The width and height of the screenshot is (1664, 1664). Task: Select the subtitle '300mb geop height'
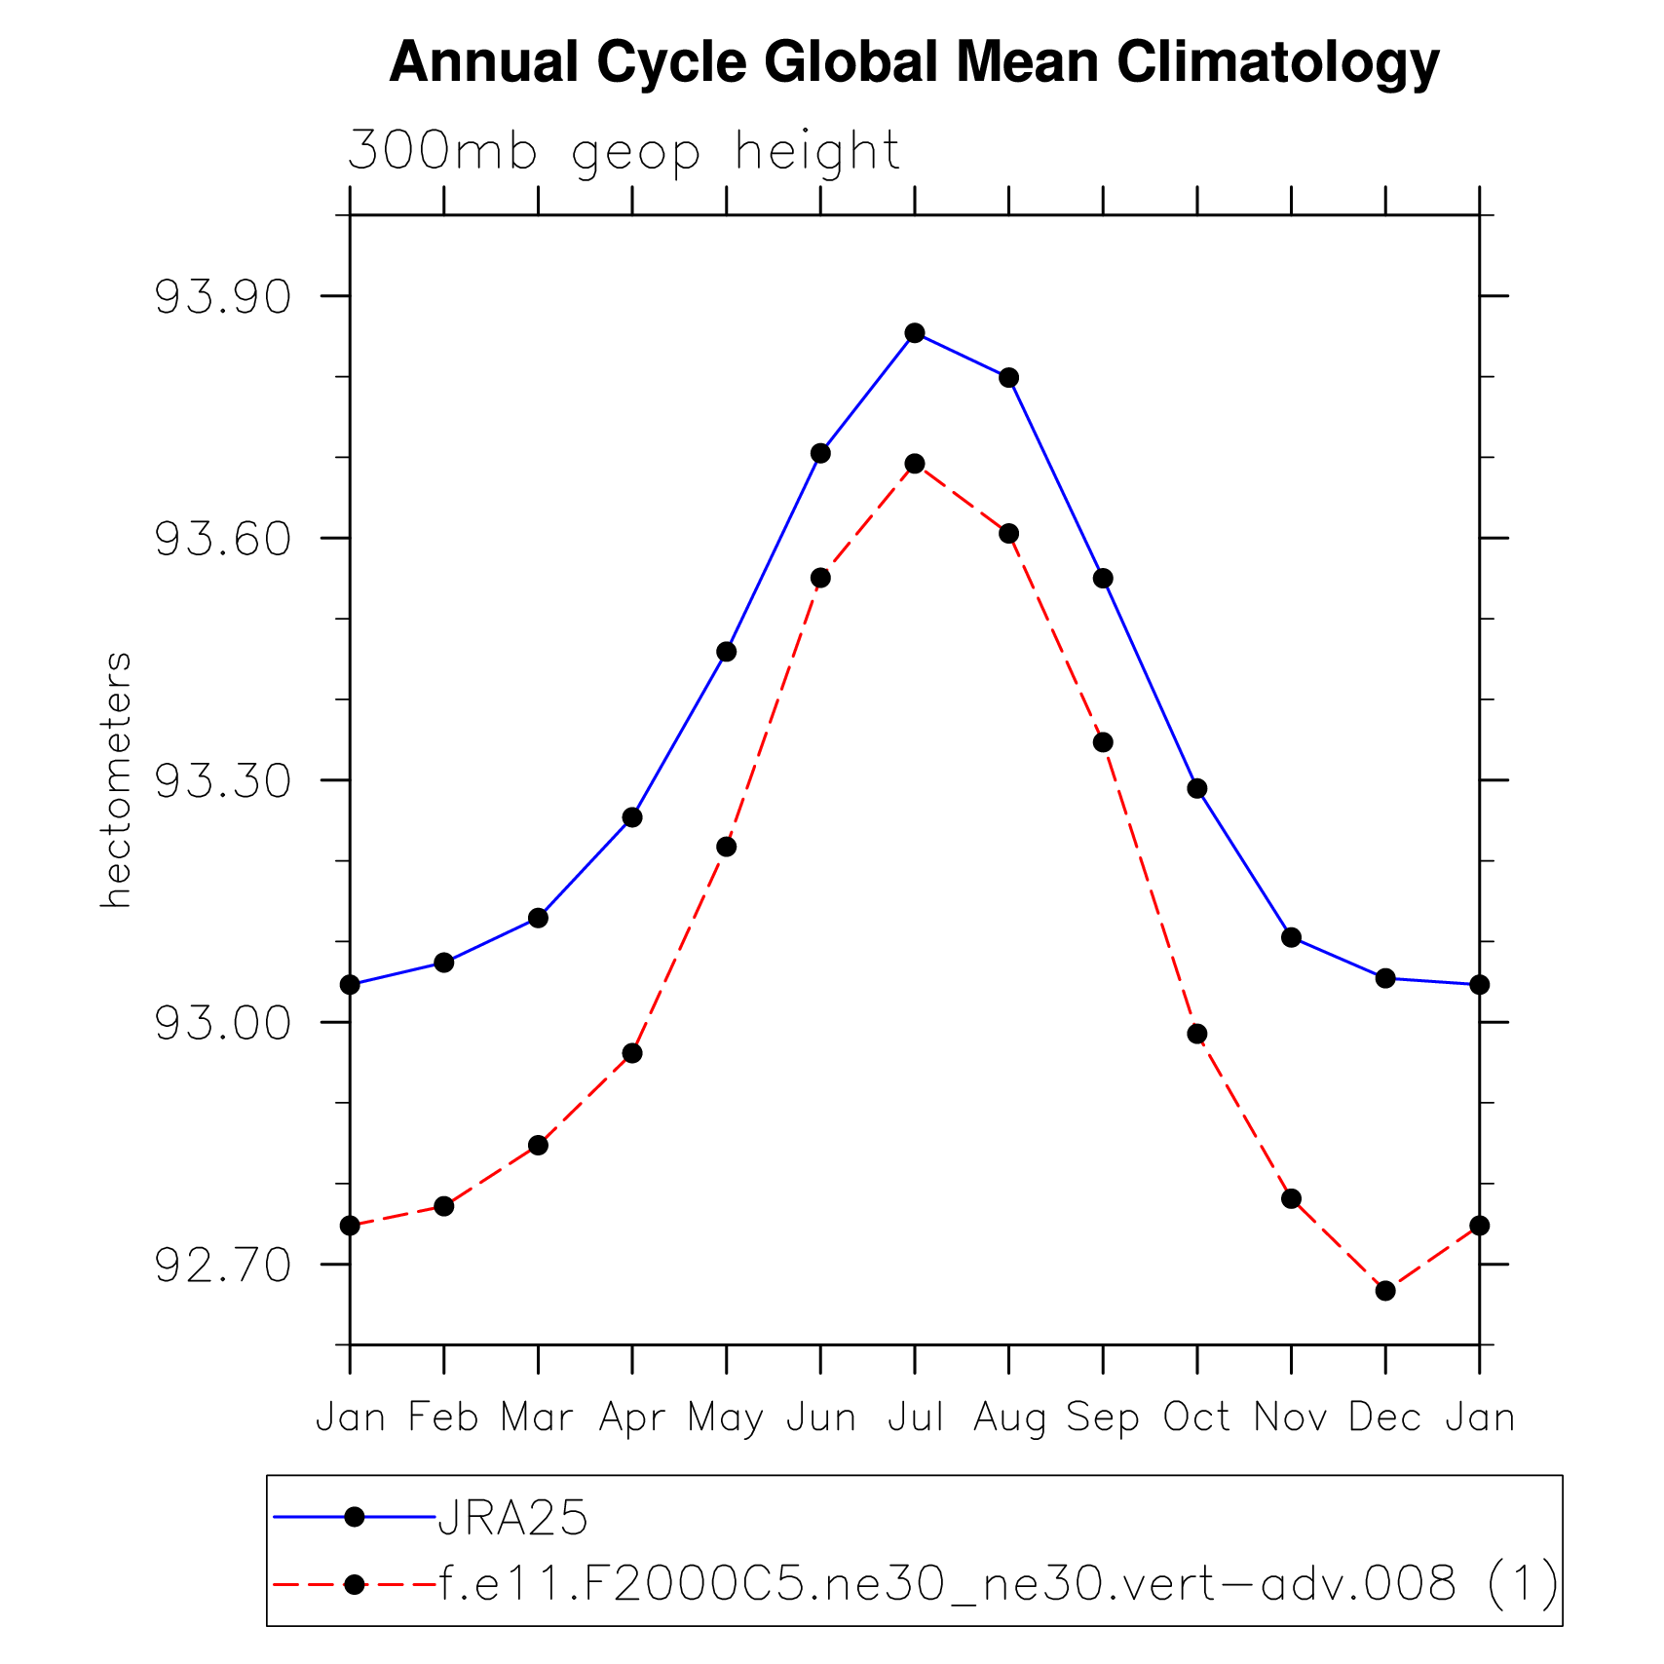click(624, 152)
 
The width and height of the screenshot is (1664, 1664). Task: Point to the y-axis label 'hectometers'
click(116, 780)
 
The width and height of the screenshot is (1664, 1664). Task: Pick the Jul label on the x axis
click(916, 1418)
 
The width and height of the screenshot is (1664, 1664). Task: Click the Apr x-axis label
click(632, 1418)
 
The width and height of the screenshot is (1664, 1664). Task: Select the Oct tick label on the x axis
click(1197, 1418)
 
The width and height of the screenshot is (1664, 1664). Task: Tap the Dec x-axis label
click(1385, 1418)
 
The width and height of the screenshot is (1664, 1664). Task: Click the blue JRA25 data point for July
click(915, 333)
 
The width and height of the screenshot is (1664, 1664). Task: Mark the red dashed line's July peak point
click(915, 464)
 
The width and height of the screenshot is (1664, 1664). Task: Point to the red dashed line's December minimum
click(1385, 1291)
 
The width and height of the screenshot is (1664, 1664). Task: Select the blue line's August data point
click(1009, 378)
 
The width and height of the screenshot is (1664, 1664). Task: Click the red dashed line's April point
click(632, 1053)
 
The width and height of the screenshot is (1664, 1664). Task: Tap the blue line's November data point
click(1292, 937)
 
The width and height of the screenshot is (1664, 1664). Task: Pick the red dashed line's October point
click(1197, 1034)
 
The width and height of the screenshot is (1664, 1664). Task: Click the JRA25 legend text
click(513, 1518)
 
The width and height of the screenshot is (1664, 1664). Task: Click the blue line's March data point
click(538, 918)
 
